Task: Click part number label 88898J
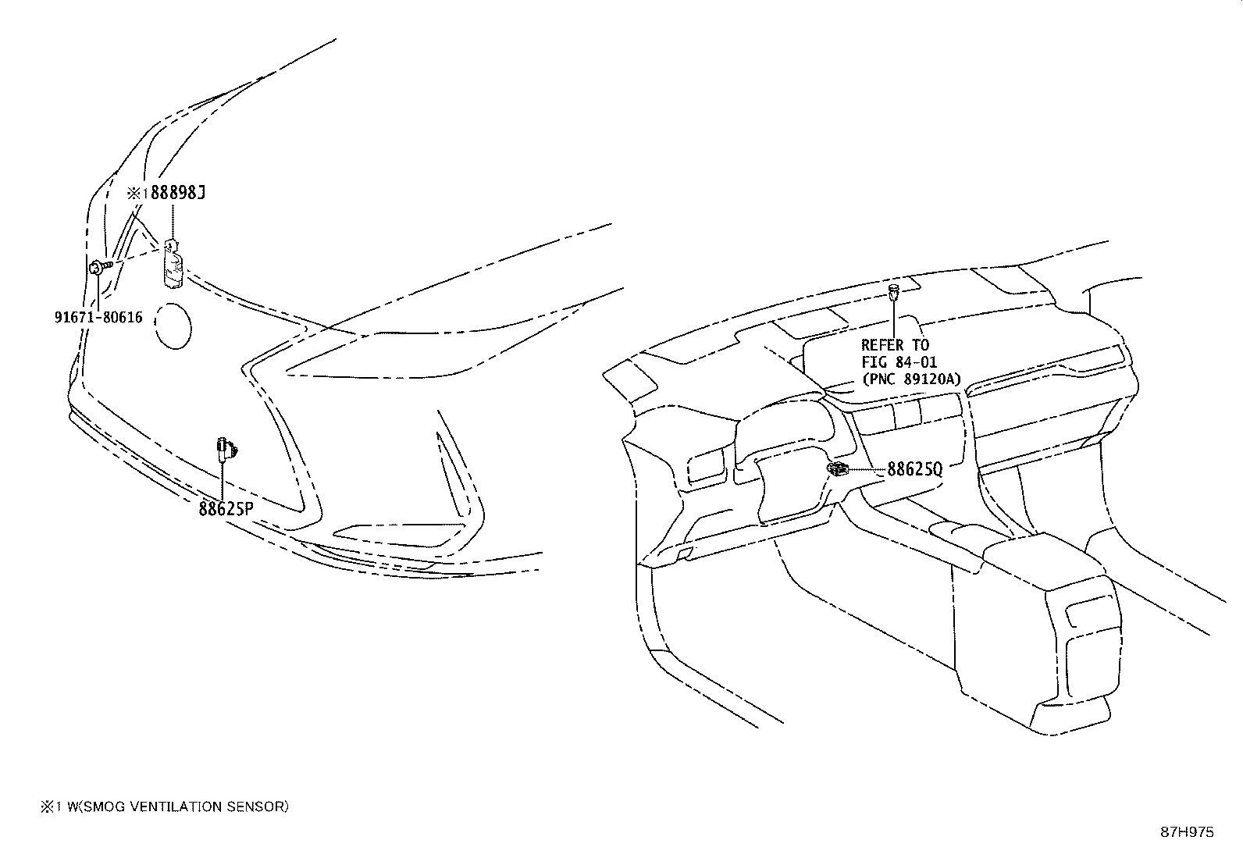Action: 177,193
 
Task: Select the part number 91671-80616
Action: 98,317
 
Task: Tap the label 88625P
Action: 226,509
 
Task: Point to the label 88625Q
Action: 914,469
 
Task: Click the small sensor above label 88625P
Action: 226,447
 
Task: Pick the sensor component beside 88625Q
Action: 838,468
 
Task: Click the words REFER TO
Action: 895,345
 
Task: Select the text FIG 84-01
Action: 899,362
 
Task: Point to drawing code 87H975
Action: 1187,832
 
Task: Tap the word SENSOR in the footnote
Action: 258,806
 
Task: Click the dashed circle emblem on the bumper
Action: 173,326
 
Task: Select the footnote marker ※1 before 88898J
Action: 137,193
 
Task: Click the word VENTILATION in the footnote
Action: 173,806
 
